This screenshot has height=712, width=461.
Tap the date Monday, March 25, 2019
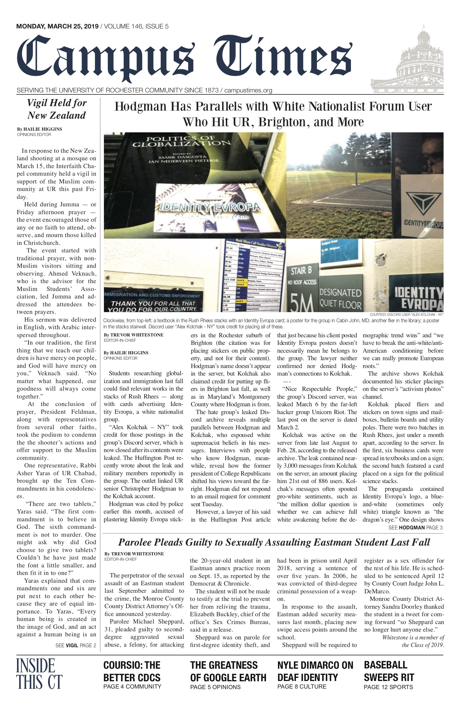tap(58, 26)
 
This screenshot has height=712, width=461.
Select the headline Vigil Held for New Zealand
tap(56, 109)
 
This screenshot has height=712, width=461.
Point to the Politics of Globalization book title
tap(181, 141)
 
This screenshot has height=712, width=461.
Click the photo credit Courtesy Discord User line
tap(406, 314)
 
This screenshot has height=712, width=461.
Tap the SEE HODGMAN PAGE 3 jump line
tap(415, 527)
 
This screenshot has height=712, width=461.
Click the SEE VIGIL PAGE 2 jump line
tap(76, 645)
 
